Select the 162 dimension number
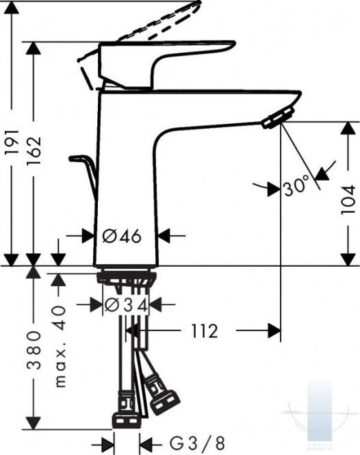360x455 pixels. point(34,151)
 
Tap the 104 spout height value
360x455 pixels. point(348,200)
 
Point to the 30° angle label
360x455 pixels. point(295,188)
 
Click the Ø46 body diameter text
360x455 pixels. point(122,236)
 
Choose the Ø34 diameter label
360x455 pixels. point(126,304)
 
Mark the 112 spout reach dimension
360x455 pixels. point(205,330)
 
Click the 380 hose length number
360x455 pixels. point(34,349)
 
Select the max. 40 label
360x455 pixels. point(60,346)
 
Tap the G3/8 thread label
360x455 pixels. point(197,443)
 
